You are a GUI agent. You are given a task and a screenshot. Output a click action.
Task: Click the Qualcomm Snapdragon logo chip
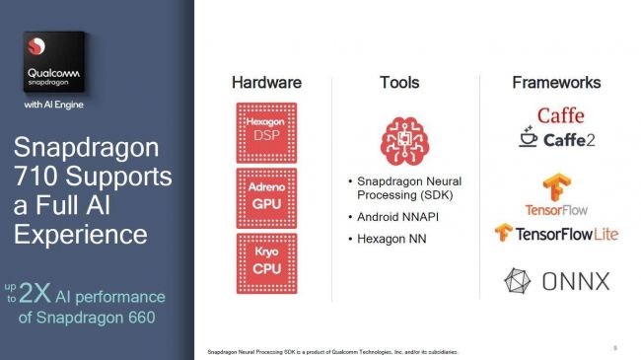coord(54,62)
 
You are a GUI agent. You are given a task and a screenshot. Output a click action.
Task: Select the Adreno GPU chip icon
coord(266,197)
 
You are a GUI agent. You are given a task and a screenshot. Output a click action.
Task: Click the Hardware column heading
coord(266,83)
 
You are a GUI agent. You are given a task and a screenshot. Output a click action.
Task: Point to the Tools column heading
coord(399,83)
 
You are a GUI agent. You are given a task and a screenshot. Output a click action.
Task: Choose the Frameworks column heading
coord(556,83)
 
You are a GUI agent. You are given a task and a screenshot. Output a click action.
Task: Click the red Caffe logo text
coord(560,115)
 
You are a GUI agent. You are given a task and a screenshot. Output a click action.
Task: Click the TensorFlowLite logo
coord(556,233)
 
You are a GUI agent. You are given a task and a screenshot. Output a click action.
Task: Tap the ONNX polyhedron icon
coord(519,281)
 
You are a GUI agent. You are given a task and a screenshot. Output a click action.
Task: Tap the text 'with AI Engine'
coord(55,104)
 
